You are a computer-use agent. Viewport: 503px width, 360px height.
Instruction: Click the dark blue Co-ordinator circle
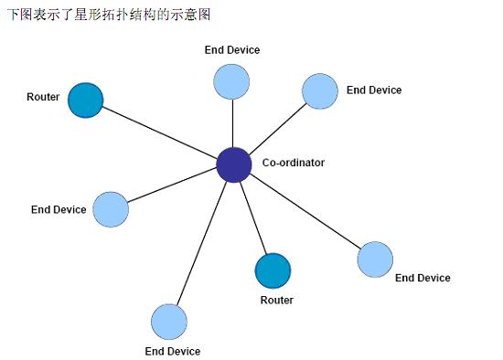[x=234, y=164]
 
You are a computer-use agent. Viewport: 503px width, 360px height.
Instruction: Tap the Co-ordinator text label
[x=293, y=163]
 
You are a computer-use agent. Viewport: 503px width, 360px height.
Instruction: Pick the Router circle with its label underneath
[x=273, y=271]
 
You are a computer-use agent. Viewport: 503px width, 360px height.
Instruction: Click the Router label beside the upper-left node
[x=43, y=97]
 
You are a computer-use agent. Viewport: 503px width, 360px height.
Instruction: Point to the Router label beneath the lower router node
[x=276, y=300]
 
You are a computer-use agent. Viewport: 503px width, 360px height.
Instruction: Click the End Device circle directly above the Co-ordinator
[x=232, y=81]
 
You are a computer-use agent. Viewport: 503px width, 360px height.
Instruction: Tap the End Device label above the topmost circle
[x=232, y=50]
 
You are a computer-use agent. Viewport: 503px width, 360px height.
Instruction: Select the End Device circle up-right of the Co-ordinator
[x=320, y=90]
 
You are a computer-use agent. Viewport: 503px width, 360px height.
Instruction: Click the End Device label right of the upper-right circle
[x=373, y=90]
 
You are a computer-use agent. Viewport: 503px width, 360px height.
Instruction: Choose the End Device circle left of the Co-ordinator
[x=111, y=209]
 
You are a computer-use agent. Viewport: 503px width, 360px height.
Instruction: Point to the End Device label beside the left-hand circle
[x=59, y=209]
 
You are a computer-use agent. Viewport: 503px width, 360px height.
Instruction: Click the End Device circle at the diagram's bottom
[x=169, y=321]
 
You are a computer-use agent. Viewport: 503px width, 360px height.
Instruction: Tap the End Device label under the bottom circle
[x=172, y=351]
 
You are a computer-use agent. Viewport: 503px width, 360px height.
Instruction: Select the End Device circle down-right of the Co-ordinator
[x=375, y=259]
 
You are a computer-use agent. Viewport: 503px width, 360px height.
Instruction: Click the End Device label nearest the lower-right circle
[x=423, y=278]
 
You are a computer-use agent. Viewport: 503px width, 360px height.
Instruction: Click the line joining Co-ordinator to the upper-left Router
[x=160, y=132]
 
